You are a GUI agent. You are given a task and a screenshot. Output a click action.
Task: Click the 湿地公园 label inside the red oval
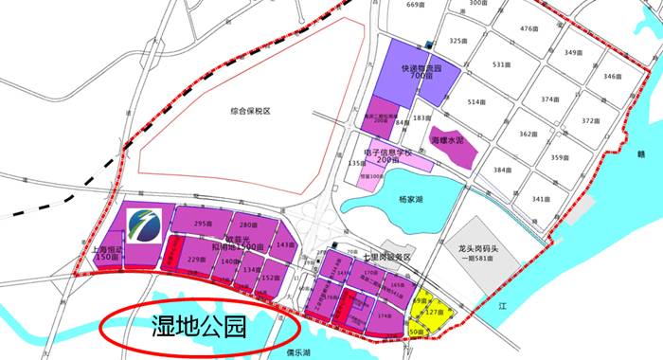pyautogui.click(x=199, y=328)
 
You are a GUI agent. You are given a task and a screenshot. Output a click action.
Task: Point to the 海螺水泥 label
pyautogui.click(x=448, y=140)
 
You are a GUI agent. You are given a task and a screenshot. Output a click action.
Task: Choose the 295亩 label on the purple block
pyautogui.click(x=201, y=224)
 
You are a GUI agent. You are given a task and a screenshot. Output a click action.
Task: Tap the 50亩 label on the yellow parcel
pyautogui.click(x=418, y=333)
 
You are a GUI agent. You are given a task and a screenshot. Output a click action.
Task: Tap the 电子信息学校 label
pyautogui.click(x=388, y=153)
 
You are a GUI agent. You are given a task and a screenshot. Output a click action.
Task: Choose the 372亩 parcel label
pyautogui.click(x=591, y=120)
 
